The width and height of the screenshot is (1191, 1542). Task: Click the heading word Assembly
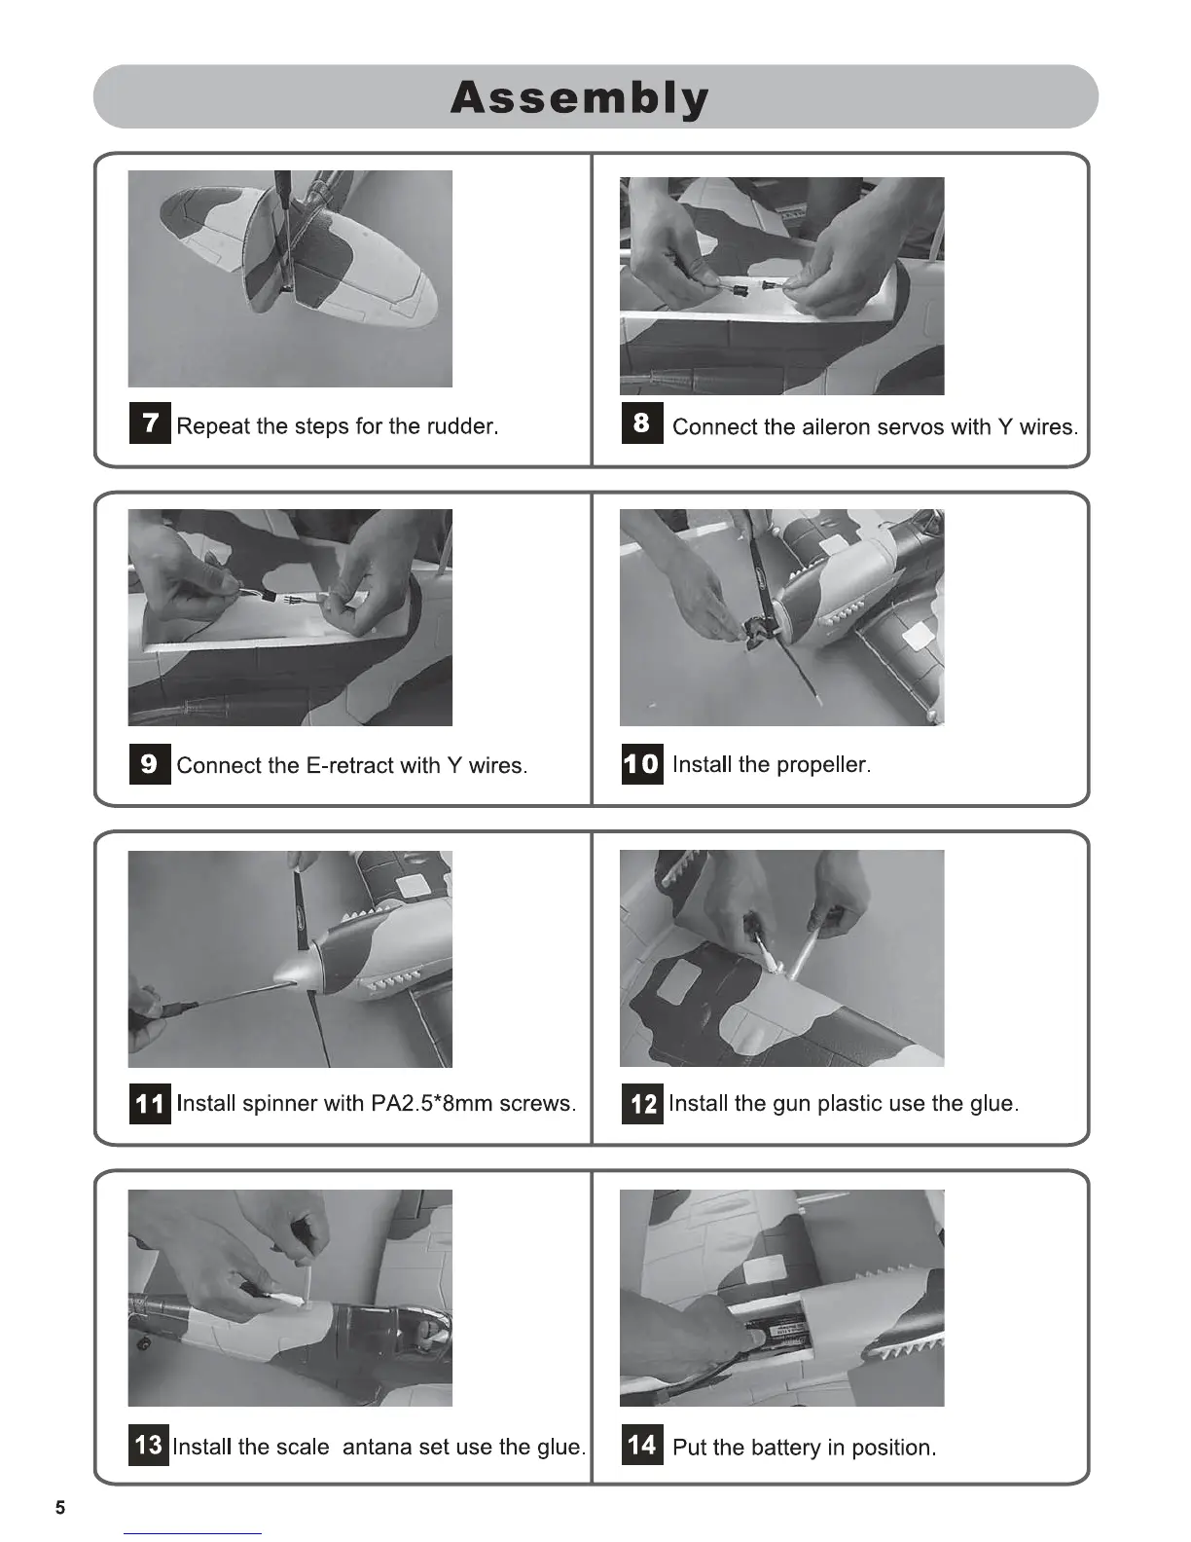click(580, 98)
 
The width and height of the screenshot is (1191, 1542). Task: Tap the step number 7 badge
click(150, 422)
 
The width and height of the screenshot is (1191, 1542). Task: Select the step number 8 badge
click(642, 422)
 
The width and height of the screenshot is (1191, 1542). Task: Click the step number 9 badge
click(150, 763)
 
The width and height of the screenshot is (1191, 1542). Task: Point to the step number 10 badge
click(642, 763)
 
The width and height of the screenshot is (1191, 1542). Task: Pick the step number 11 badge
click(150, 1104)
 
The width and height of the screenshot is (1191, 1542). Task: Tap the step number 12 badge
click(642, 1104)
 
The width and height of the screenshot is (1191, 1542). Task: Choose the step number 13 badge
click(148, 1444)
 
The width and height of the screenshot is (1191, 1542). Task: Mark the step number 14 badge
click(642, 1444)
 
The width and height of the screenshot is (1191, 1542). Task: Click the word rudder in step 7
click(462, 425)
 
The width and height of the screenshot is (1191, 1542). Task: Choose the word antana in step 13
click(377, 1447)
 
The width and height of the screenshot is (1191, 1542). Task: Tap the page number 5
click(60, 1508)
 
